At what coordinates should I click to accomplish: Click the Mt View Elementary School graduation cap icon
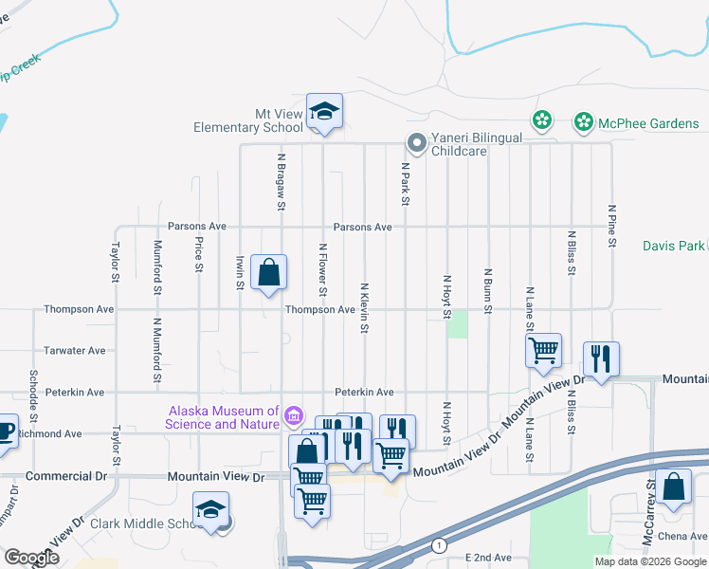[x=324, y=113]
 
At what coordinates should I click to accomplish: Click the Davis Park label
[x=673, y=246]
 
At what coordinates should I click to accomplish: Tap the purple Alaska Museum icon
[x=294, y=416]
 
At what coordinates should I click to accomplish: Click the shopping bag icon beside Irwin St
[x=270, y=272]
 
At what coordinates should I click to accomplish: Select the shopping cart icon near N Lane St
[x=544, y=350]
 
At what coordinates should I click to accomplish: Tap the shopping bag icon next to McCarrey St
[x=673, y=488]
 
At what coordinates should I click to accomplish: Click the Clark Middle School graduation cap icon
[x=211, y=509]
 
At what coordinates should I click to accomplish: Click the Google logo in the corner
[x=31, y=558]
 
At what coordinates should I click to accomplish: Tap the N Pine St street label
[x=612, y=226]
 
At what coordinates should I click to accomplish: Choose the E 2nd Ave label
[x=488, y=559]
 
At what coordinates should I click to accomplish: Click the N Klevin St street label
[x=364, y=306]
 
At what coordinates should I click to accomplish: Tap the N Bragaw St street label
[x=282, y=179]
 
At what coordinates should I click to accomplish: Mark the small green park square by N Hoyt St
[x=459, y=323]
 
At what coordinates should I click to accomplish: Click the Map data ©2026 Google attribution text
[x=650, y=561]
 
